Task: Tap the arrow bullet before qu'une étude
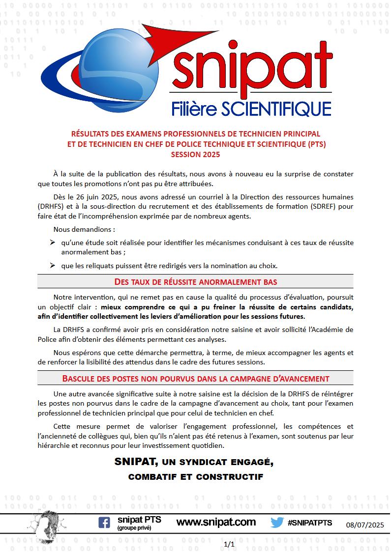pyautogui.click(x=52, y=243)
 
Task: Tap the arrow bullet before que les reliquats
pyautogui.click(x=52, y=266)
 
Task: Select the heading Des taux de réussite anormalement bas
pyautogui.click(x=195, y=281)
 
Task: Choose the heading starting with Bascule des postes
pyautogui.click(x=195, y=378)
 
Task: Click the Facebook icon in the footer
pyautogui.click(x=104, y=523)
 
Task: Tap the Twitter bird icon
pyautogui.click(x=277, y=523)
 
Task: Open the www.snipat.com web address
pyautogui.click(x=216, y=522)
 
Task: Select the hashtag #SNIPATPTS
pyautogui.click(x=310, y=523)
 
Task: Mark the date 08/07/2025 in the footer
pyautogui.click(x=365, y=525)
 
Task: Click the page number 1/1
pyautogui.click(x=229, y=544)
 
